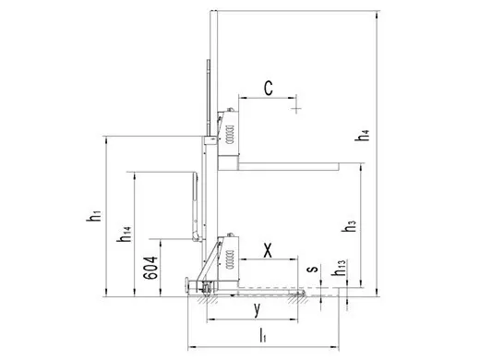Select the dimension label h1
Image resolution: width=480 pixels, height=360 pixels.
(93, 216)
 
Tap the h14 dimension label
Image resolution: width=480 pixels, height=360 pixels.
(125, 234)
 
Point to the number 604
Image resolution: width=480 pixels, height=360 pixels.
(151, 268)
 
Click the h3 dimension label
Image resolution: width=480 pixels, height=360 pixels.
(349, 226)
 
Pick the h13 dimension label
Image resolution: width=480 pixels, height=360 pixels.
(340, 268)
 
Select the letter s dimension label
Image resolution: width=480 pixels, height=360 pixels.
(313, 270)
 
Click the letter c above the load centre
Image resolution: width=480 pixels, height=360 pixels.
(269, 88)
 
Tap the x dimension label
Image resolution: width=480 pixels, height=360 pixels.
(268, 250)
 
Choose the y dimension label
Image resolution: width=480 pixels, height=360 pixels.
(258, 309)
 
